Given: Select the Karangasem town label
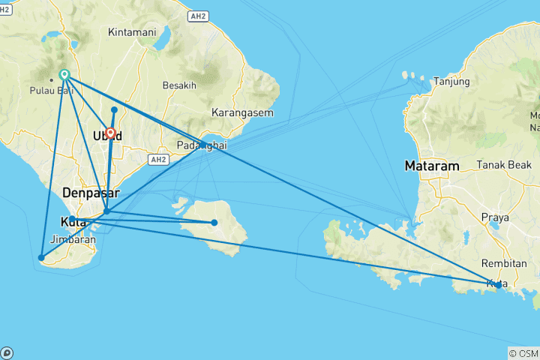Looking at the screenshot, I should [242, 113].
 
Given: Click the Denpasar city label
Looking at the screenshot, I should [91, 193].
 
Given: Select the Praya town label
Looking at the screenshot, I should [496, 217].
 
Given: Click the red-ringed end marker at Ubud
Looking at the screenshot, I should [111, 133].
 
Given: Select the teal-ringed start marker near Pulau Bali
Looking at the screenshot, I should [64, 74].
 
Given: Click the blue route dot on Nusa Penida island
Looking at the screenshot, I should [214, 222].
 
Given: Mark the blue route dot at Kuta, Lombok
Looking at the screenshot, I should [498, 285].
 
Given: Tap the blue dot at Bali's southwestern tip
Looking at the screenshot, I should [41, 258].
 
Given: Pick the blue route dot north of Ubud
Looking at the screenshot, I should [114, 110].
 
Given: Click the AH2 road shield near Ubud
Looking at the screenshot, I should [157, 160].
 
